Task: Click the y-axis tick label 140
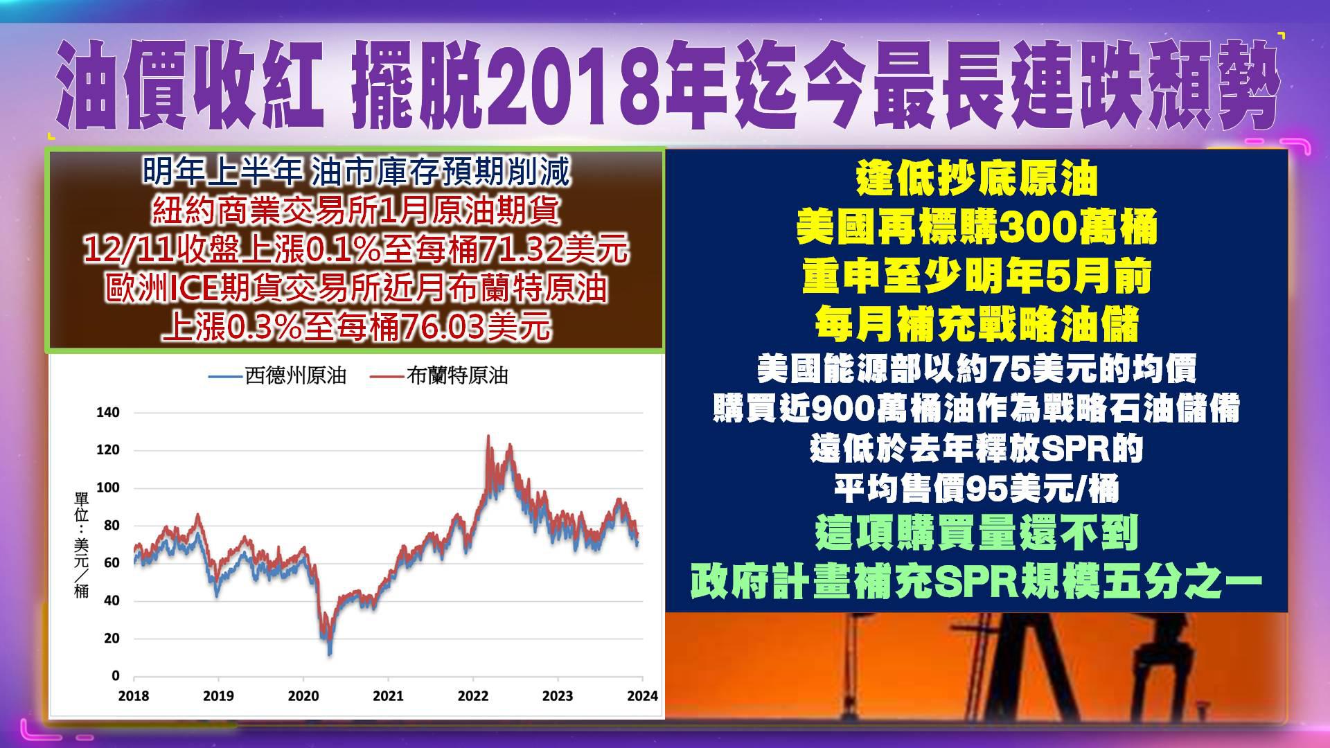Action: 107,413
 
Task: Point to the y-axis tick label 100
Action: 107,488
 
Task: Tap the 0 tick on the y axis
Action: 116,676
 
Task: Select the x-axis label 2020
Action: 303,696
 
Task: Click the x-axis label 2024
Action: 643,696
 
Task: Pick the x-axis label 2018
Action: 134,696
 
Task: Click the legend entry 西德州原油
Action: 277,376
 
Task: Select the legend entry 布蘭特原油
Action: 439,376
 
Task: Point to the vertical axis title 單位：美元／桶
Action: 82,545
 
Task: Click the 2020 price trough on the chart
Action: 330,653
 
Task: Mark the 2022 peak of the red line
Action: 488,436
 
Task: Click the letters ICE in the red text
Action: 194,289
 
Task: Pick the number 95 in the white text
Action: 986,490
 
